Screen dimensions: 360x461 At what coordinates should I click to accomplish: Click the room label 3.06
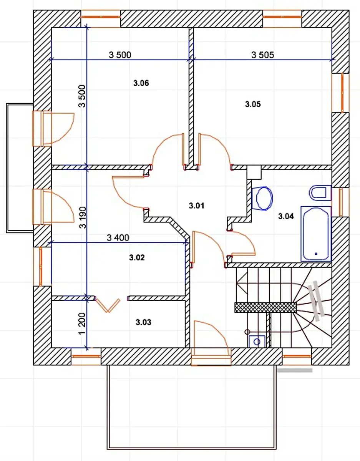(x=141, y=83)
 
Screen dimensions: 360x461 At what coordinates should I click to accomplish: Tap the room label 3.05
(x=253, y=104)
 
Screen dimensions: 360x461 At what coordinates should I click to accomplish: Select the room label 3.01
(x=197, y=206)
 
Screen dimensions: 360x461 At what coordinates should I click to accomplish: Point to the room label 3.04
(x=286, y=216)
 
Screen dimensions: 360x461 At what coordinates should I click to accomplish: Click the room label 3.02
(x=137, y=257)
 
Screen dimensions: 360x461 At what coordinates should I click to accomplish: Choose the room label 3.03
(x=143, y=322)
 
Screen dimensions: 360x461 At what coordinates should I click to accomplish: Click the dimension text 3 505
(x=263, y=55)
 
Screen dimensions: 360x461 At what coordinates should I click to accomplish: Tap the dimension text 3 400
(x=118, y=237)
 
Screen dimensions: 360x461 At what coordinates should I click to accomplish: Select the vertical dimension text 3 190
(x=83, y=217)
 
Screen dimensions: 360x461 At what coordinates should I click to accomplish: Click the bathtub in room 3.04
(x=316, y=234)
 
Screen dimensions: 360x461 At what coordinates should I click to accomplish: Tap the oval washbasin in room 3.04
(x=262, y=198)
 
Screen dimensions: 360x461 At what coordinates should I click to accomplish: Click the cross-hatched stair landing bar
(x=265, y=308)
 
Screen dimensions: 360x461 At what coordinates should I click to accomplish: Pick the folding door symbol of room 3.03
(x=108, y=306)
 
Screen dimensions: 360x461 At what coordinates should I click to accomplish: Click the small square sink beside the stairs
(x=257, y=342)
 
